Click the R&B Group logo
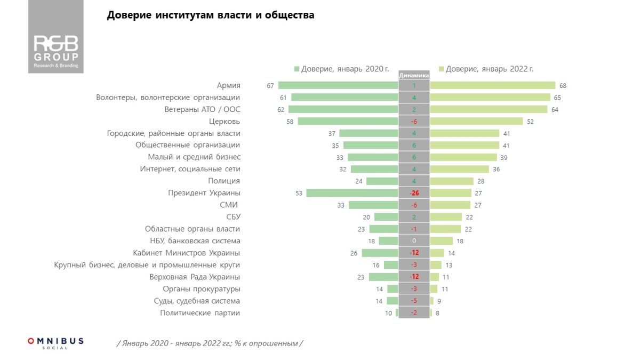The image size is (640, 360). pos(56,51)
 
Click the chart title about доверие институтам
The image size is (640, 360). pos(211,15)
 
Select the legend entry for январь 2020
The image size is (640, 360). pos(341,69)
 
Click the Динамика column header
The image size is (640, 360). pos(414,76)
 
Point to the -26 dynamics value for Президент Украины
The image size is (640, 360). pos(414,193)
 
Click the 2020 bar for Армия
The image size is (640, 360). pos(338,85)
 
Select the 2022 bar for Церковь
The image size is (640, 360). pos(476,122)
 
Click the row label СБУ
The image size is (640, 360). pos(233,217)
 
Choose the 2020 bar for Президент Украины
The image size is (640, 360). pos(352,193)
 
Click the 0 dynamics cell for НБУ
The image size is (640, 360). pos(414,241)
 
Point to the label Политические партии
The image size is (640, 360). pos(200,313)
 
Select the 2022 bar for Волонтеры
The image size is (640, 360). pos(490,98)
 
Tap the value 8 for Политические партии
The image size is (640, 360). pos(438,313)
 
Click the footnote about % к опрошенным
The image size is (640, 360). pos(210,343)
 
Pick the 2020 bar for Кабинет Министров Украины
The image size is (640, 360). pos(380,253)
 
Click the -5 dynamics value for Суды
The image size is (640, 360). pos(414,301)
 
